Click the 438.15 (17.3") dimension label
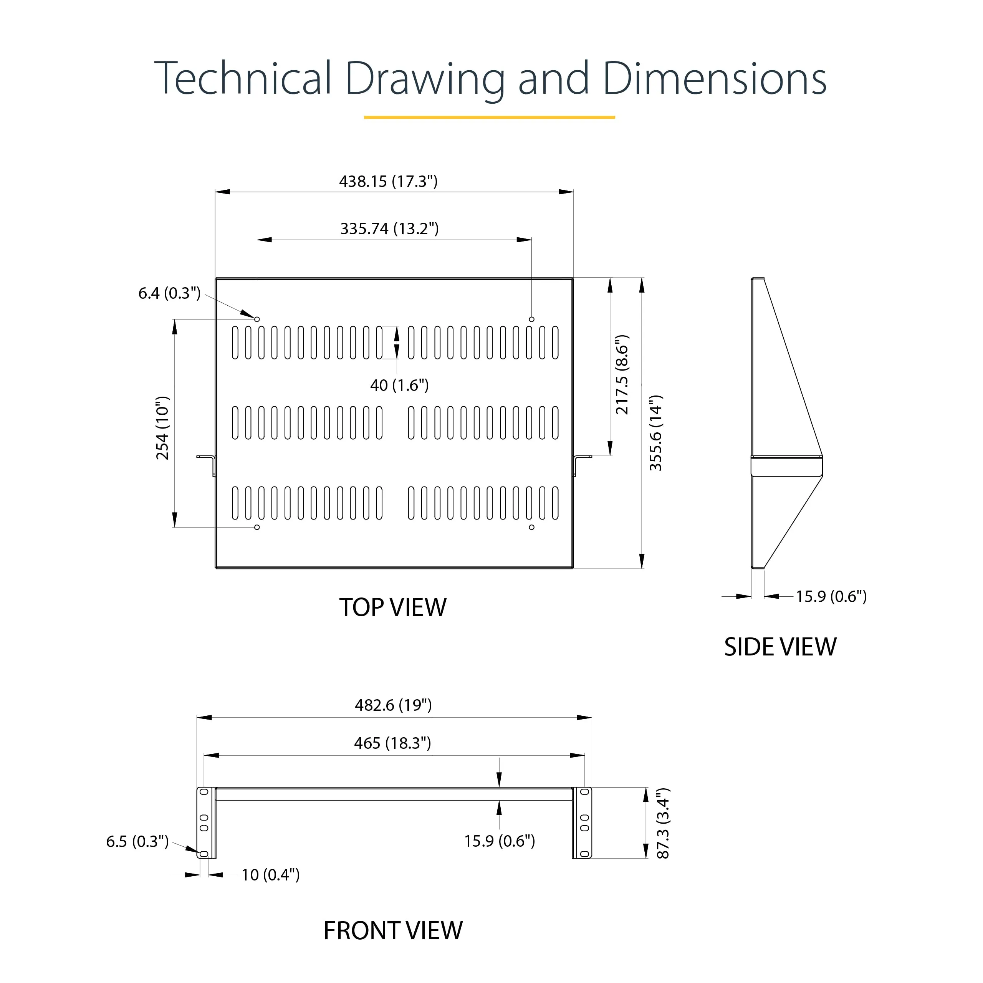388,181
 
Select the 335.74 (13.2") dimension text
389,228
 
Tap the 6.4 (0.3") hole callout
169,293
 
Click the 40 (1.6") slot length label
399,385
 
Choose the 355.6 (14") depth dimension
656,432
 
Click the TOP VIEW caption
393,607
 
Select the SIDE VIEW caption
780,647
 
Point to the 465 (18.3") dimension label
392,743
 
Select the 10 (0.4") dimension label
270,875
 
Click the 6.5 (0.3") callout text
137,841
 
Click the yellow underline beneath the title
490,117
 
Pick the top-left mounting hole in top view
257,319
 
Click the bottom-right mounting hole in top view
532,527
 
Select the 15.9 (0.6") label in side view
831,596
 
